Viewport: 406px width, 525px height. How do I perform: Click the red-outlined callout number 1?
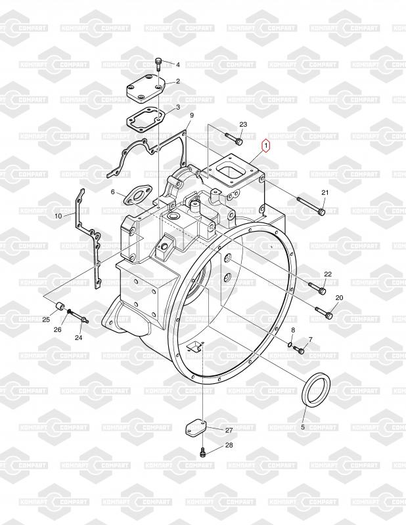[266, 146]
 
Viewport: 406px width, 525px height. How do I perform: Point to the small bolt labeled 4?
[158, 63]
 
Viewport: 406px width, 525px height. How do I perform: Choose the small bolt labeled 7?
[299, 350]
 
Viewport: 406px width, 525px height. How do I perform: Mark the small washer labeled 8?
[289, 343]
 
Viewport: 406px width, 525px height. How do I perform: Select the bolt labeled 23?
[235, 138]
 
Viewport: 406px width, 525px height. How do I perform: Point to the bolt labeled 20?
[324, 312]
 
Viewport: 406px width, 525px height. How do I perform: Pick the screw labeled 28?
[202, 451]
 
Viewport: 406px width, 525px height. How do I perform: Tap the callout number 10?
[58, 215]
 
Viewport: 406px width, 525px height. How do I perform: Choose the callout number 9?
[192, 116]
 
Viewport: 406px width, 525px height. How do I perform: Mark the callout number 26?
[57, 329]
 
